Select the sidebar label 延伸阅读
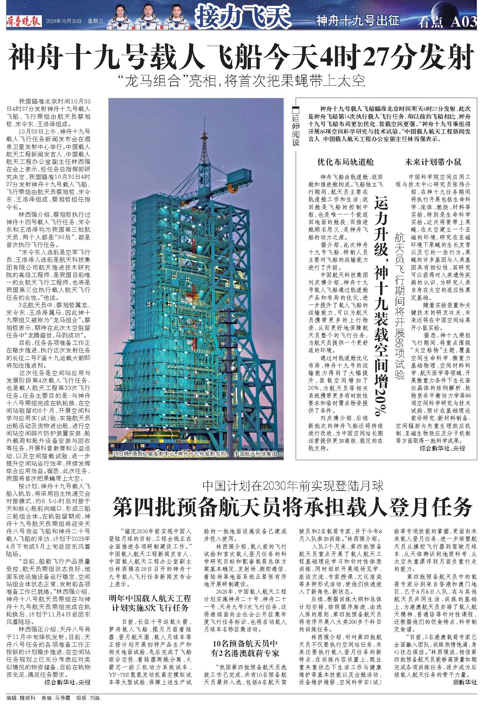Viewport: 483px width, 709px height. coord(295,127)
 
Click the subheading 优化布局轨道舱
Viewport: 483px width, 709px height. coord(346,162)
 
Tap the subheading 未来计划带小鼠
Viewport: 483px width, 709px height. coord(433,162)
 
